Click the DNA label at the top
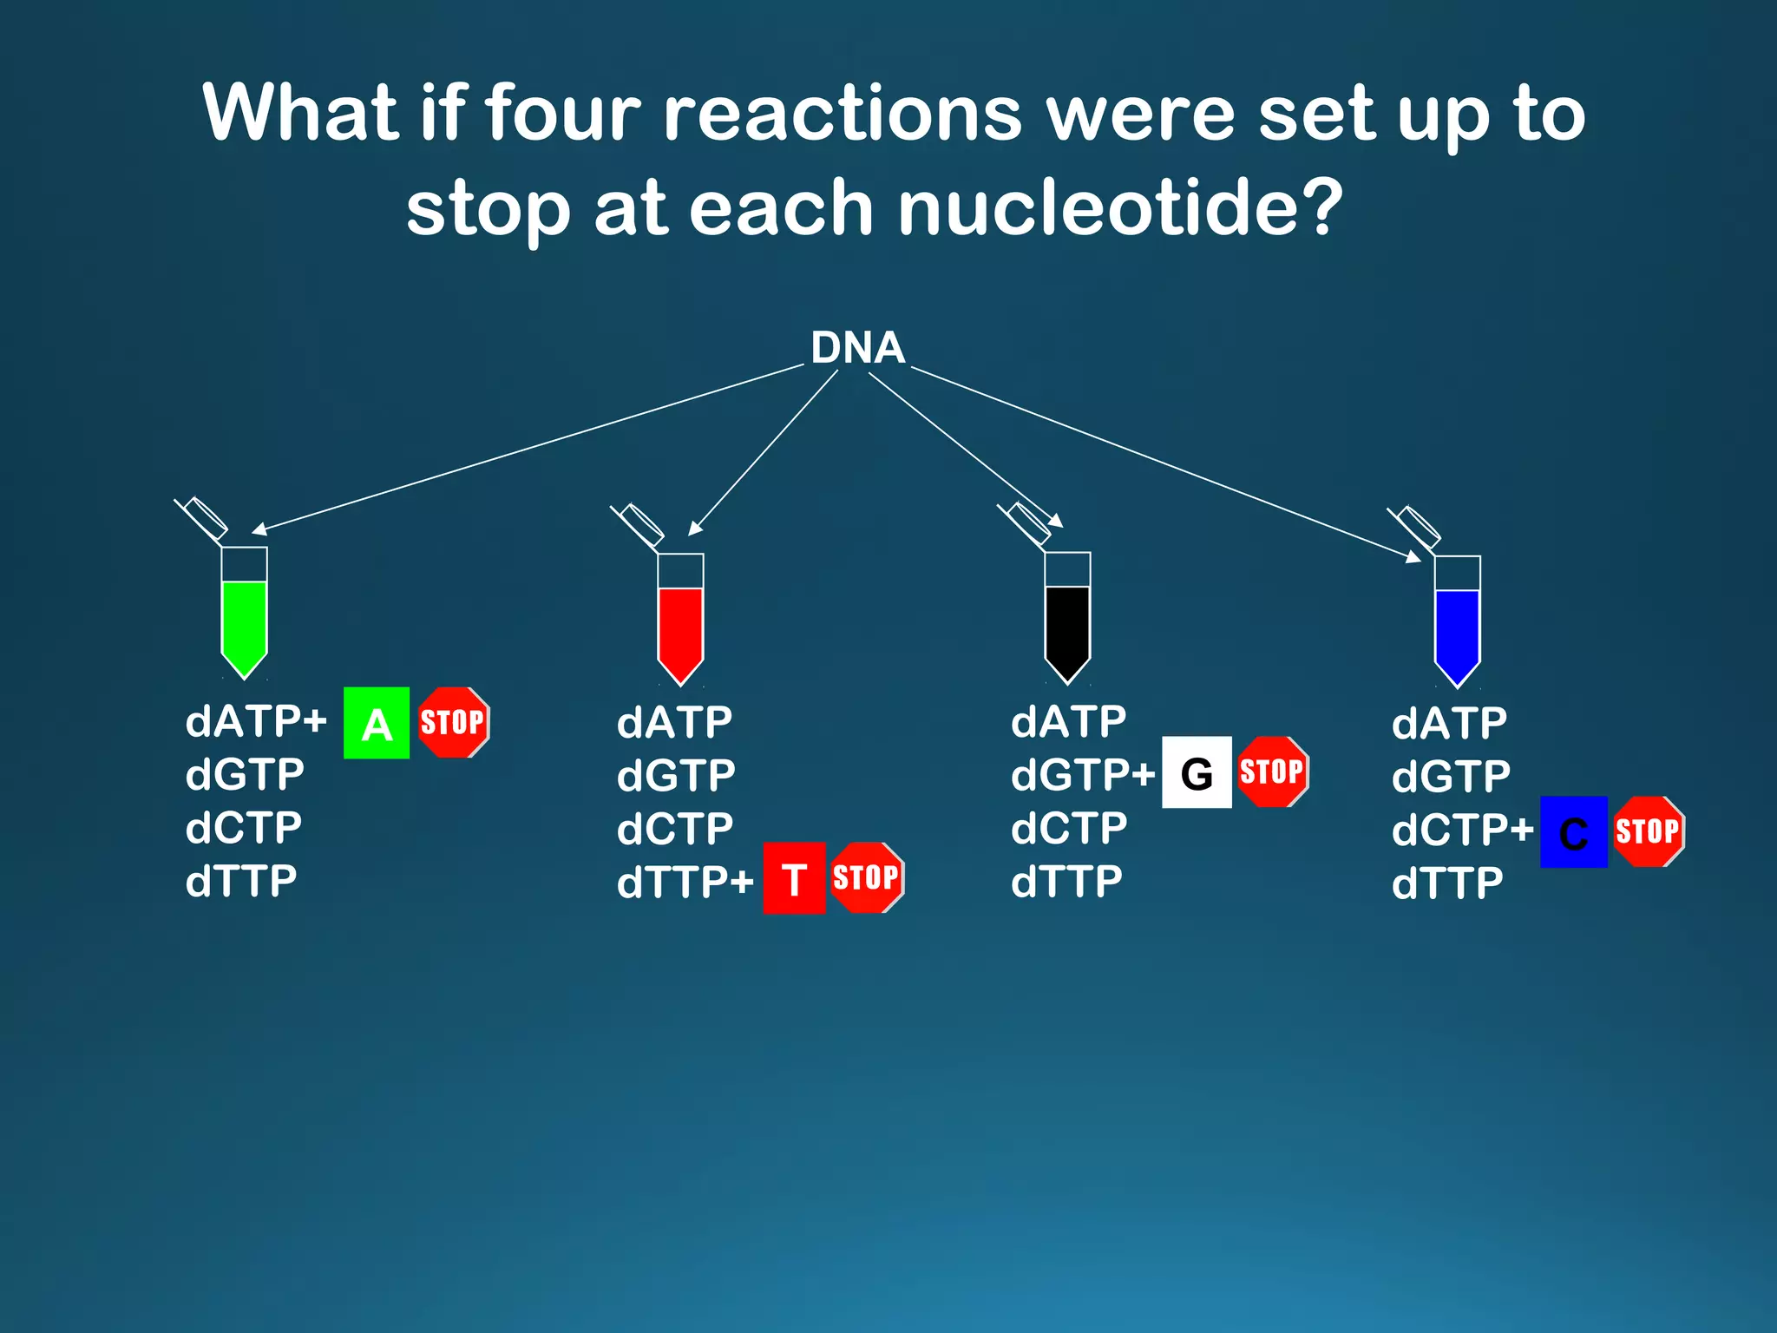[x=857, y=348]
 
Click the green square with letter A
[x=376, y=723]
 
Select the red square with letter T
[x=794, y=878]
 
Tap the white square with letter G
[x=1197, y=772]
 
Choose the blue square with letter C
[x=1573, y=832]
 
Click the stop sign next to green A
[x=453, y=722]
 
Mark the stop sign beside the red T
[x=866, y=877]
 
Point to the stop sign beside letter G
[x=1272, y=772]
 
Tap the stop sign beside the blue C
[x=1648, y=831]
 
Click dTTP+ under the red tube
[x=685, y=883]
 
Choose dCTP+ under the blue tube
[x=1462, y=831]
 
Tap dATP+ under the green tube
[x=256, y=722]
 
